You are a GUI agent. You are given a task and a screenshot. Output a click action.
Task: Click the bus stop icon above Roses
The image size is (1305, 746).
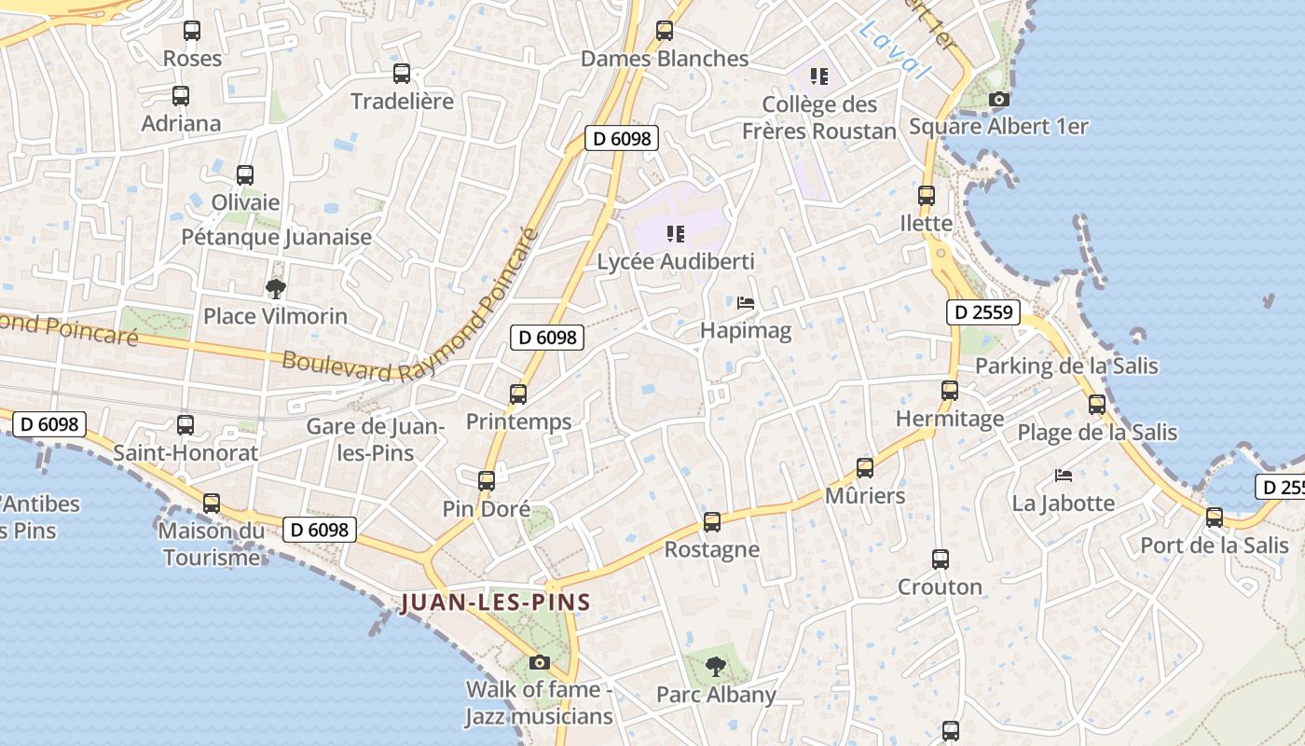pyautogui.click(x=192, y=31)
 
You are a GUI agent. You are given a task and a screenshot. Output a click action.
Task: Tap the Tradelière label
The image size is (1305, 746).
pyautogui.click(x=402, y=101)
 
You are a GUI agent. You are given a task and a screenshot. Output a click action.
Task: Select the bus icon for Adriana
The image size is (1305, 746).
pyautogui.click(x=181, y=96)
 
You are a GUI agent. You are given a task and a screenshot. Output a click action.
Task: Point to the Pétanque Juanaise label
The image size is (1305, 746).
pyautogui.click(x=276, y=237)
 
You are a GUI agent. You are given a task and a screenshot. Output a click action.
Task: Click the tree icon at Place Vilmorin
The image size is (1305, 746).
pyautogui.click(x=275, y=288)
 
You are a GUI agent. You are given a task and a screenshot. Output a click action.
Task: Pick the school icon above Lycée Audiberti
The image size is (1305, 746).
pyautogui.click(x=676, y=234)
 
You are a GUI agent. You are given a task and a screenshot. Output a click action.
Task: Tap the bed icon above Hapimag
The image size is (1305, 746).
pyautogui.click(x=746, y=303)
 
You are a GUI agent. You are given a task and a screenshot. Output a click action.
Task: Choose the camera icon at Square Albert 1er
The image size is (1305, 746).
pyautogui.click(x=998, y=99)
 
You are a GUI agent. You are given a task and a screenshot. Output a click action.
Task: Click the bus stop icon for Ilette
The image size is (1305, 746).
pyautogui.click(x=926, y=196)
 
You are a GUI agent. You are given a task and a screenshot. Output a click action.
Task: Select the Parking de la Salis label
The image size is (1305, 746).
pyautogui.click(x=1066, y=366)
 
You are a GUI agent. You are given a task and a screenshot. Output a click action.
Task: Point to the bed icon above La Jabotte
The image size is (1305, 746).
pyautogui.click(x=1063, y=476)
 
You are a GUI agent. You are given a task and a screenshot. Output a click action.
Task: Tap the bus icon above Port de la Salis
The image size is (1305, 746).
pyautogui.click(x=1214, y=518)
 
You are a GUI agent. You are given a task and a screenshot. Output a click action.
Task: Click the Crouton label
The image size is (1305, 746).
pyautogui.click(x=940, y=587)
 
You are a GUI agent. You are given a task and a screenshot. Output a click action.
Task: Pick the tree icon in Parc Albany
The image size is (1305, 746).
pyautogui.click(x=716, y=667)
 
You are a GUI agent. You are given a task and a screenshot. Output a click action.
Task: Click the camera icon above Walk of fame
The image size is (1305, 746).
pyautogui.click(x=539, y=663)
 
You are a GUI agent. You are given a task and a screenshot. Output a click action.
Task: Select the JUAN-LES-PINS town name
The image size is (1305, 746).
pyautogui.click(x=496, y=602)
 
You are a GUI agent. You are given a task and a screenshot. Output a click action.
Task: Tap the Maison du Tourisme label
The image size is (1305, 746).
pyautogui.click(x=212, y=545)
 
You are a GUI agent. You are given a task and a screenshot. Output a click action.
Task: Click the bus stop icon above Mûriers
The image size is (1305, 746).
pyautogui.click(x=865, y=468)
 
